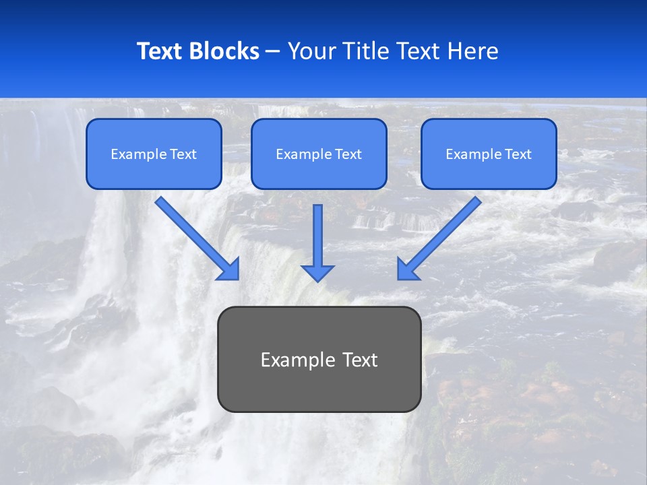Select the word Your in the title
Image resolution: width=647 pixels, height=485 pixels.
[x=312, y=51]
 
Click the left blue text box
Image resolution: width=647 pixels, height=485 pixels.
[x=154, y=154]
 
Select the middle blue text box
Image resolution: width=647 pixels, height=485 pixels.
[x=319, y=154]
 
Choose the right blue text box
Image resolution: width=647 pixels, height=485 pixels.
[x=489, y=154]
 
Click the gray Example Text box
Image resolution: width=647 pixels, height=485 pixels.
[x=319, y=359]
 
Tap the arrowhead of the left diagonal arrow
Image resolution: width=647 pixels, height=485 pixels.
[x=230, y=270]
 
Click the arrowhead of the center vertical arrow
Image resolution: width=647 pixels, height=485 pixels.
[x=317, y=273]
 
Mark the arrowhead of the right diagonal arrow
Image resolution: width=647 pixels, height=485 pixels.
[x=407, y=270]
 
